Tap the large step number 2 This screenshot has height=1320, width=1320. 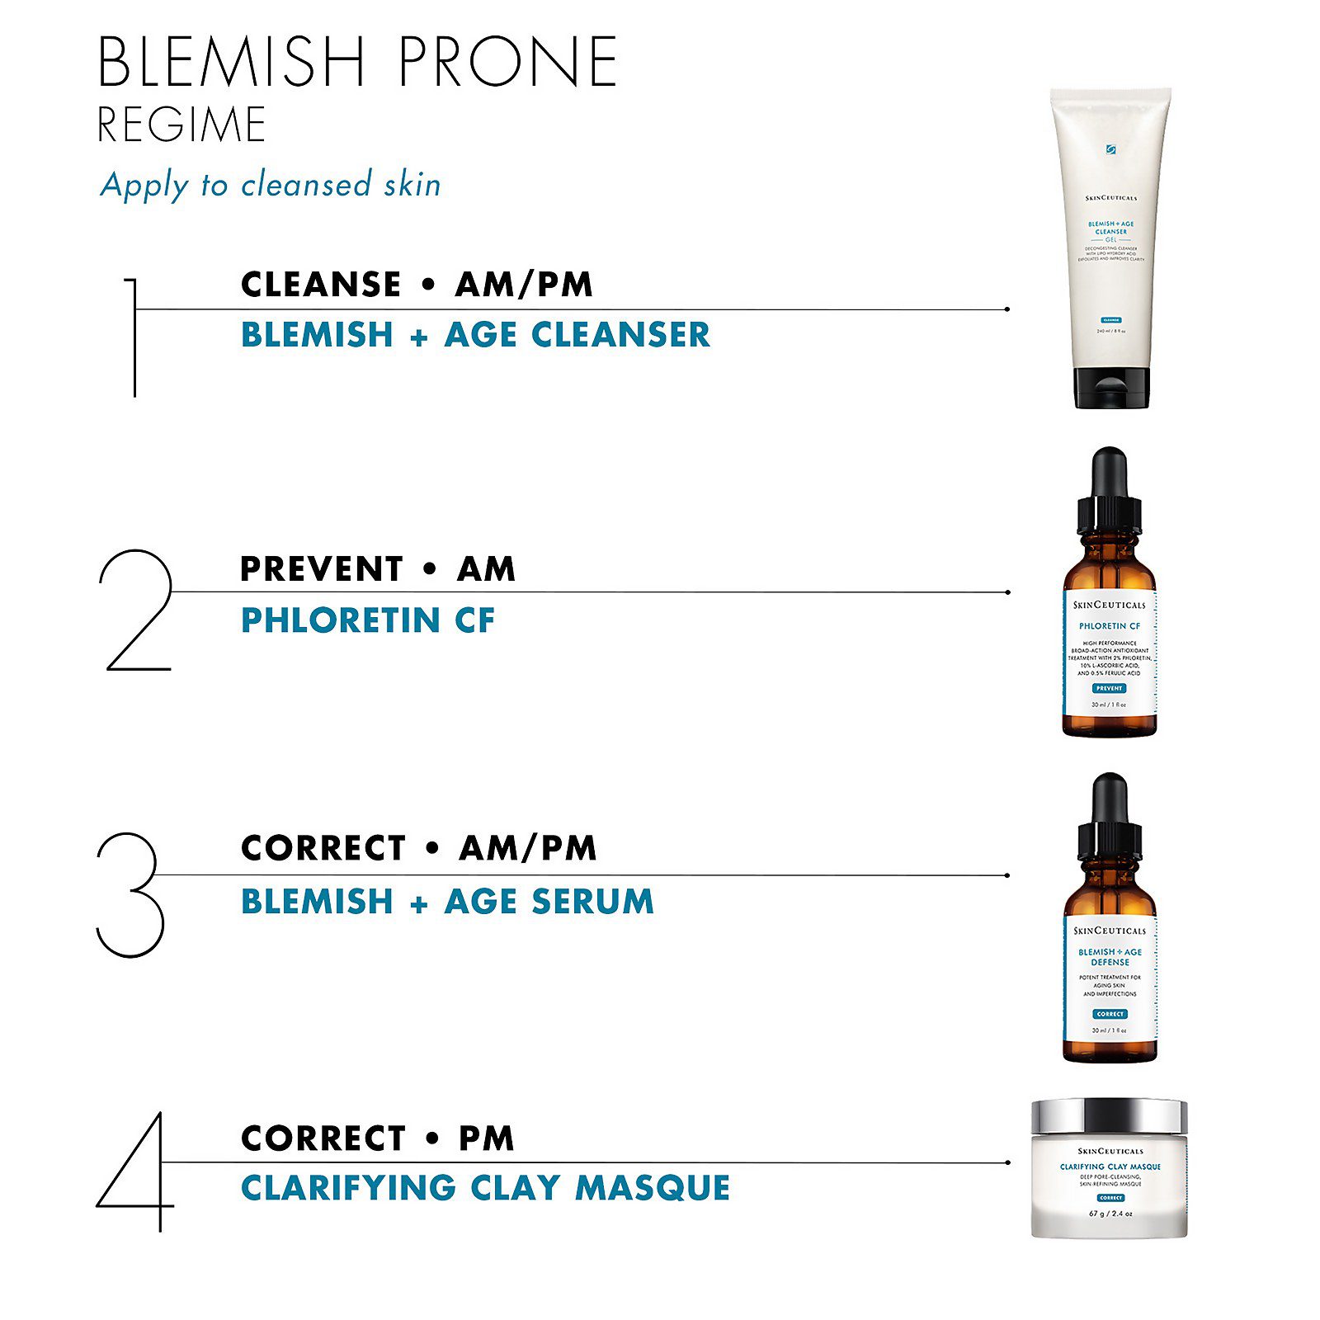point(136,610)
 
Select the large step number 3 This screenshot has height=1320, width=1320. point(130,894)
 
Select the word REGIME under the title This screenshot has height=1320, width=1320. point(181,125)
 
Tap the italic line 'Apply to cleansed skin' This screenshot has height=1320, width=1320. point(271,185)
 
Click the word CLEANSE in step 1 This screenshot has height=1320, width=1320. point(320,285)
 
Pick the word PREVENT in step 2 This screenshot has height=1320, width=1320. point(321,569)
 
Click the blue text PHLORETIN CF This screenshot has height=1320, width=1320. point(368,620)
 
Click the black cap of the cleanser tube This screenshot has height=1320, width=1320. point(1111,388)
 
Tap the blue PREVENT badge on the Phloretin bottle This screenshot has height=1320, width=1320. point(1110,688)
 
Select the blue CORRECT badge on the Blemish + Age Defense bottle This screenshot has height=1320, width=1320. point(1110,1014)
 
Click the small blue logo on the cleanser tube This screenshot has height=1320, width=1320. point(1110,149)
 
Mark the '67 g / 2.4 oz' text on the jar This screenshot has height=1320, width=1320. point(1110,1214)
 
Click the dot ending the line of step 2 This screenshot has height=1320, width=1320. point(1008,592)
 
